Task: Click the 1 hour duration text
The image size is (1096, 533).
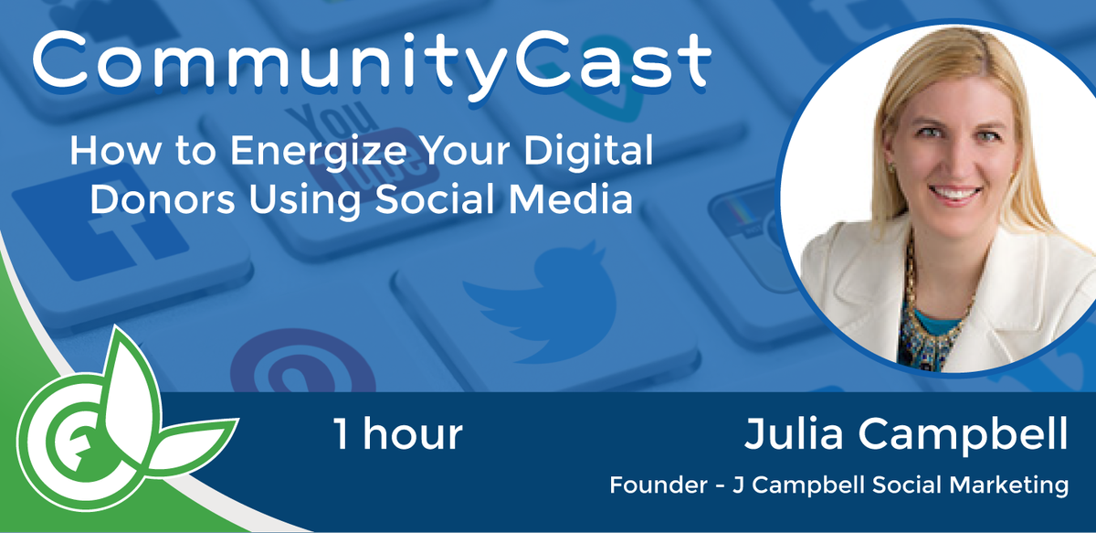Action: (397, 435)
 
